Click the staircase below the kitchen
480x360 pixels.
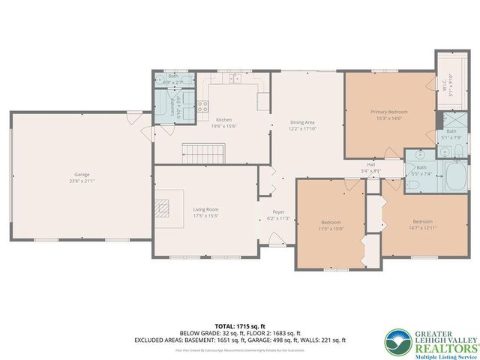(204, 154)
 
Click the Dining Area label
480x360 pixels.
(303, 121)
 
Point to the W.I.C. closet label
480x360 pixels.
(445, 88)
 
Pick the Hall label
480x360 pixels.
(370, 164)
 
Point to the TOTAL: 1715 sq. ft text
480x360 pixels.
(240, 325)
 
